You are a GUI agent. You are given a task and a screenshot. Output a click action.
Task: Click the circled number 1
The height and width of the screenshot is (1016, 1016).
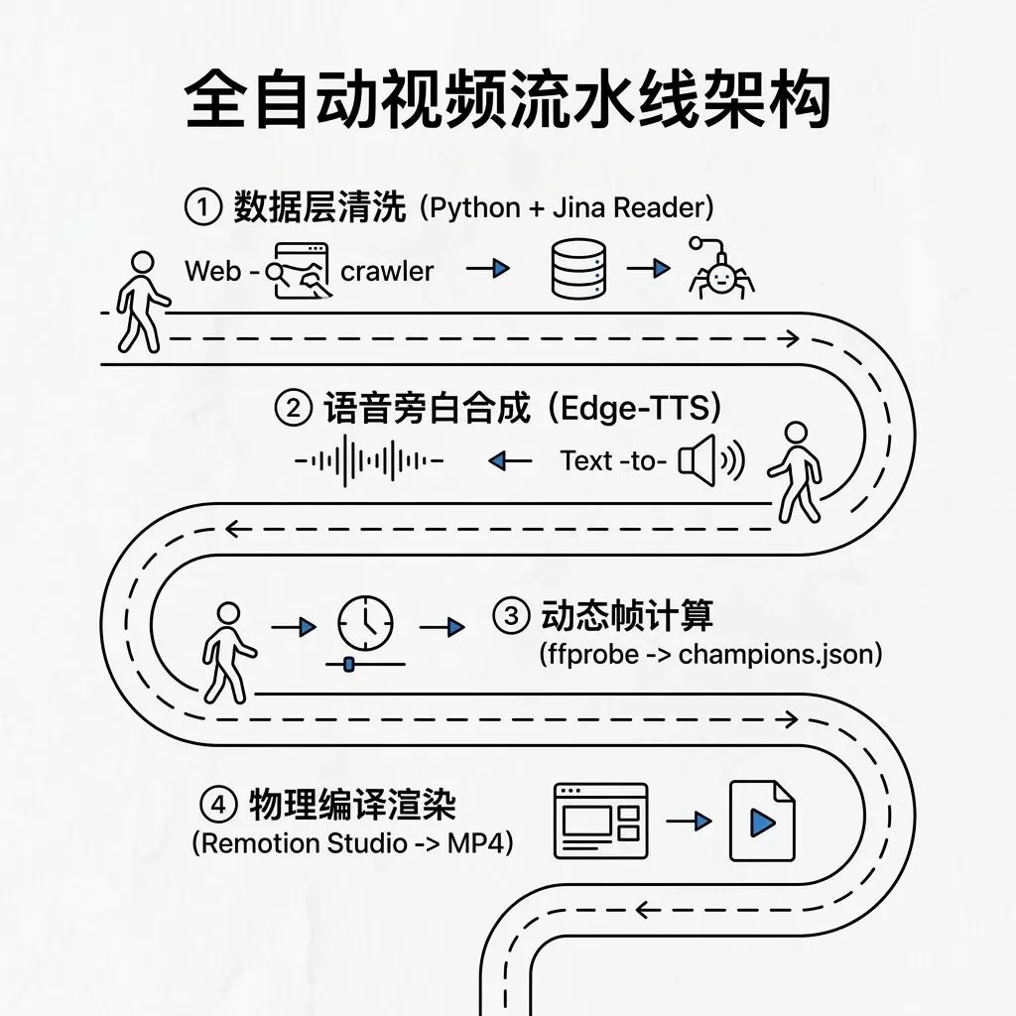202,206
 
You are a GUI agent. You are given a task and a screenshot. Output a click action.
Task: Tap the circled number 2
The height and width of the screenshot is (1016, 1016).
293,408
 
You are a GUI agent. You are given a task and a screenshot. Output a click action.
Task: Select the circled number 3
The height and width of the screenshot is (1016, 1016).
511,615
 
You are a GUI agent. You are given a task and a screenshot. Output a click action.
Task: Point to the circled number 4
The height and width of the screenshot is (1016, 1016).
218,804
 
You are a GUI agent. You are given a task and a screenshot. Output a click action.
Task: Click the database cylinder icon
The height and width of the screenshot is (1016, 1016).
578,269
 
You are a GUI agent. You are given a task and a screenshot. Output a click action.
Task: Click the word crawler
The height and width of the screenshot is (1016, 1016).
387,272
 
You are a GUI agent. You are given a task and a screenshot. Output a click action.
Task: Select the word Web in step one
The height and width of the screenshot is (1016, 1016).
212,271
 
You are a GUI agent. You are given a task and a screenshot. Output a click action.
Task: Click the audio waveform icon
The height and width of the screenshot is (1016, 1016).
369,460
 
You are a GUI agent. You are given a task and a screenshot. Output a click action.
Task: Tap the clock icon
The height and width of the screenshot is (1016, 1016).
365,623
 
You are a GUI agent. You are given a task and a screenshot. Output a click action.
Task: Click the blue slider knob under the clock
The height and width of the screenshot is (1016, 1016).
348,664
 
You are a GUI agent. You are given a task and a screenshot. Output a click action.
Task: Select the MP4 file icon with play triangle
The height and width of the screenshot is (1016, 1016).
762,821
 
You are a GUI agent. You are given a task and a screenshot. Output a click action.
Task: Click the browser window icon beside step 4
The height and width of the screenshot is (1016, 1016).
600,821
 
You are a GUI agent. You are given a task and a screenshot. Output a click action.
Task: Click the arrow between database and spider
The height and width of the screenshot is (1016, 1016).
648,268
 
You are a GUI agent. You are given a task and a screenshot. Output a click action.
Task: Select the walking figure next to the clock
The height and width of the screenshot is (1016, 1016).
228,653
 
